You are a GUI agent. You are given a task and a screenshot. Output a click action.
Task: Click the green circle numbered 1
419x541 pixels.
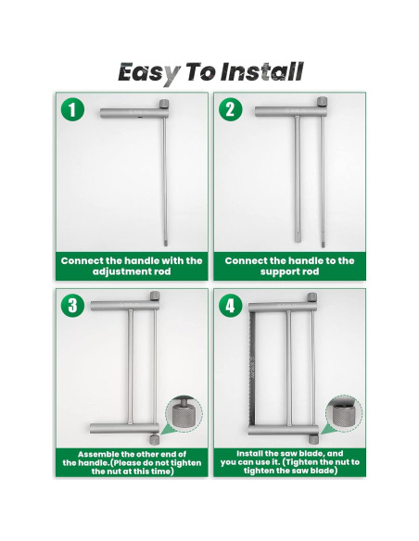tap(72, 109)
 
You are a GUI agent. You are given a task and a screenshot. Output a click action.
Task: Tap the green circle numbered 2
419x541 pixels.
tap(230, 109)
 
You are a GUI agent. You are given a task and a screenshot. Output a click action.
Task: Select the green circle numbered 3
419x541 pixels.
tap(72, 306)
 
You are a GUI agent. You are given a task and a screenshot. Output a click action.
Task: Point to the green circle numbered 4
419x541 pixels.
tap(230, 306)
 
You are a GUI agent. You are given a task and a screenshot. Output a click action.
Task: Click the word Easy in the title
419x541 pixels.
tap(148, 73)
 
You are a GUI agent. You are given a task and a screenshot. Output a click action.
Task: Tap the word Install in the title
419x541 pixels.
tap(262, 71)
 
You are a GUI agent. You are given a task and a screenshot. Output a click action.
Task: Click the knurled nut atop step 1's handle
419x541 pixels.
tap(164, 104)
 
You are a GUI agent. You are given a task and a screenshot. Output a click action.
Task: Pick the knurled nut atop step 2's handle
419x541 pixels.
tap(322, 102)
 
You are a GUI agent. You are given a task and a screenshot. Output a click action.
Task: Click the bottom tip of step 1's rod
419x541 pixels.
tap(165, 245)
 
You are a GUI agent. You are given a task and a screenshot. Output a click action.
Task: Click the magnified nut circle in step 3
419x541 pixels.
tap(184, 414)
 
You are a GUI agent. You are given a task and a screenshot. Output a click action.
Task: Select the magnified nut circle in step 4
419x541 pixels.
tap(344, 414)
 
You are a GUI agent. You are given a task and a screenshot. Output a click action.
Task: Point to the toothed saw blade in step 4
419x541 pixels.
tap(252, 370)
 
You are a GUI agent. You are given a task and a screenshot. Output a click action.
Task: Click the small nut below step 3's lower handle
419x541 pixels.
tap(154, 439)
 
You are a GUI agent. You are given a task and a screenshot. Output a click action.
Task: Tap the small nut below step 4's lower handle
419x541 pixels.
tap(313, 439)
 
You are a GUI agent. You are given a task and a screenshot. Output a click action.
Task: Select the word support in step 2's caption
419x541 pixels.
tap(278, 271)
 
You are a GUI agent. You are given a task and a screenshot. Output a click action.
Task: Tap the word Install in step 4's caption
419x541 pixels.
tap(248, 453)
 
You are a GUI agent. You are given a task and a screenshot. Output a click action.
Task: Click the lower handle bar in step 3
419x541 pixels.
tap(124, 429)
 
